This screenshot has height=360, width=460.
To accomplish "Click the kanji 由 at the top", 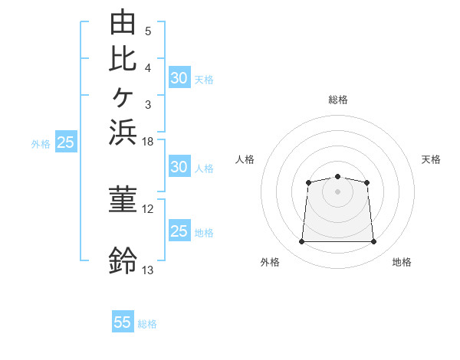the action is tap(123, 21).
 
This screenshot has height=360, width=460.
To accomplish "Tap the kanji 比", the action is tap(123, 59).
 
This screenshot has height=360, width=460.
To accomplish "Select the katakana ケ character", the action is tap(123, 97).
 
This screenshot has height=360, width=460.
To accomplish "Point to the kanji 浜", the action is tap(123, 133).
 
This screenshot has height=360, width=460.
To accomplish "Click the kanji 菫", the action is tap(123, 199).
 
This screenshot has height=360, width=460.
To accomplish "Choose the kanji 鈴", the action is tap(123, 260).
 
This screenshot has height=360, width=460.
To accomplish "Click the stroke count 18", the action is tap(147, 142).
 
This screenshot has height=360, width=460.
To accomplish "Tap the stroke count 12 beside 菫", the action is tap(147, 209).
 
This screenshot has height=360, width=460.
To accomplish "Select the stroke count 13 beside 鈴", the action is tap(147, 270).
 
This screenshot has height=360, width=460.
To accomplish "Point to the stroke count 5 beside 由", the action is tap(148, 31).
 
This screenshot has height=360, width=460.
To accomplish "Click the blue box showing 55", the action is tap(123, 321).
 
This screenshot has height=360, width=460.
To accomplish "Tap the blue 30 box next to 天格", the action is tap(180, 77).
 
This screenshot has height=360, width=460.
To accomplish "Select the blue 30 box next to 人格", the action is tap(180, 166).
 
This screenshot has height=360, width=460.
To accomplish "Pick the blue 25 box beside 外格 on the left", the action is tap(66, 141).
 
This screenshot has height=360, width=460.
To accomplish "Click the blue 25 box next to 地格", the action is tap(180, 230).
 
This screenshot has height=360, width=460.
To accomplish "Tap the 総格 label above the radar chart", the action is tap(338, 100).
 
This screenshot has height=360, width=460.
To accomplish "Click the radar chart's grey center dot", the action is tap(337, 191).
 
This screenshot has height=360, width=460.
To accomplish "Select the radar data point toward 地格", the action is tap(373, 241).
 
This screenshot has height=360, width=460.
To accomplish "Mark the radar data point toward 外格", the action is tap(301, 241).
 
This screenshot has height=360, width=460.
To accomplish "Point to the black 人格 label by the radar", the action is tap(245, 159).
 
